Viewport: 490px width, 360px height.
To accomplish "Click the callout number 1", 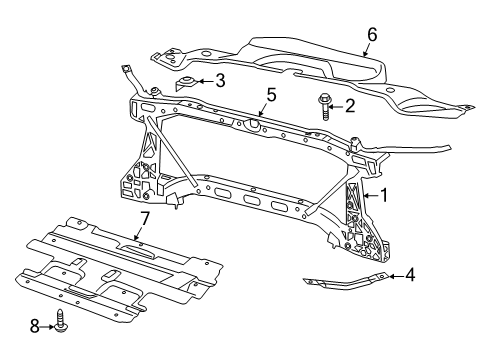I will [382, 197].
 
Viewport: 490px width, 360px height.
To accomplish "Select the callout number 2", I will [349, 105].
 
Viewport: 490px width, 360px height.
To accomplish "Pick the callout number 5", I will [269, 96].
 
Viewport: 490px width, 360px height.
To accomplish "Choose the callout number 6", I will [372, 34].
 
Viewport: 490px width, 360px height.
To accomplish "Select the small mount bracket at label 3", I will [188, 83].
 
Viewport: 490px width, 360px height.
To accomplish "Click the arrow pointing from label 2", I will [337, 105].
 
